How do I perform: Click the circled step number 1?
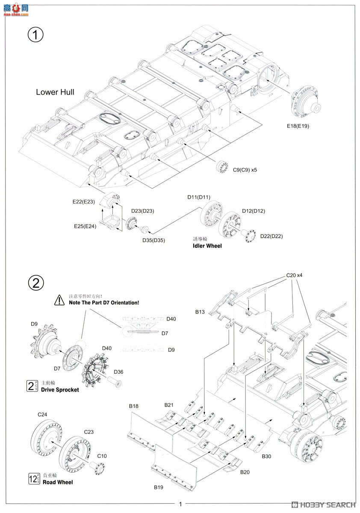tap(36, 35)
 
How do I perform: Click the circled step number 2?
tap(36, 283)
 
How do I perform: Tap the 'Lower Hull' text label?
tap(55, 92)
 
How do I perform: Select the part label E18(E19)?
tap(298, 126)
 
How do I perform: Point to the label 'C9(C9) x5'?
tap(245, 170)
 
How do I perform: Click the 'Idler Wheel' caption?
tap(207, 246)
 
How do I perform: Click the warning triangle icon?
tap(59, 300)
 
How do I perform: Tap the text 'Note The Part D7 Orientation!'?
tap(104, 303)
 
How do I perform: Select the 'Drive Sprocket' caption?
tap(60, 389)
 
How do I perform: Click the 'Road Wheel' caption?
tap(57, 482)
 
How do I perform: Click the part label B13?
tap(200, 312)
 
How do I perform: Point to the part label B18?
tap(133, 406)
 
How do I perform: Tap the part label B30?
tap(266, 457)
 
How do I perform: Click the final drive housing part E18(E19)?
tap(307, 105)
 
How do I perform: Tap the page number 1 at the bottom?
tap(180, 504)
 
